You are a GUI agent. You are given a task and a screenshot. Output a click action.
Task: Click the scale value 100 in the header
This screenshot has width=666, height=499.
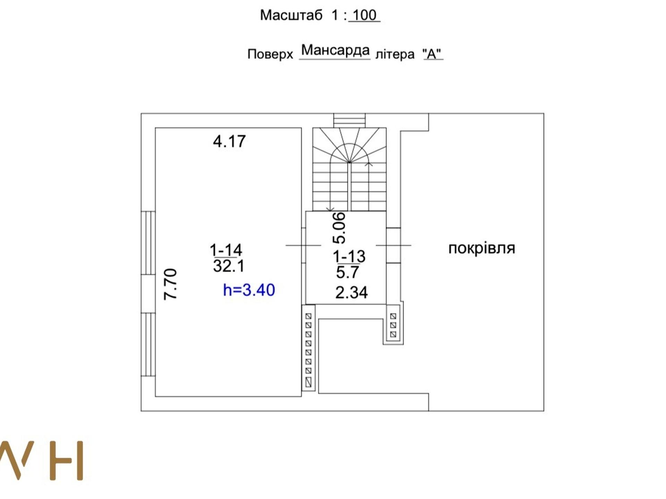click(365, 15)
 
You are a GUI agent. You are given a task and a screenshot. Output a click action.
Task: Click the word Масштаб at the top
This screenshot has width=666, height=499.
click(291, 15)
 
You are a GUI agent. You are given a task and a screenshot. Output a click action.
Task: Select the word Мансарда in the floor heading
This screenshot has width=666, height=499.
click(335, 50)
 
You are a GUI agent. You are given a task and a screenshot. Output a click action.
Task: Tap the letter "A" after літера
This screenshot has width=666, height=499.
click(433, 54)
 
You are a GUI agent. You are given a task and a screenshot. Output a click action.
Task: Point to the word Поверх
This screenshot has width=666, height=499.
click(270, 54)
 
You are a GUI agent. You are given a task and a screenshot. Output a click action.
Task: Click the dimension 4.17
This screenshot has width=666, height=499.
click(229, 141)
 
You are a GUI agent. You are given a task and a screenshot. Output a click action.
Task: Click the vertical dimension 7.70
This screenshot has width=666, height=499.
click(170, 284)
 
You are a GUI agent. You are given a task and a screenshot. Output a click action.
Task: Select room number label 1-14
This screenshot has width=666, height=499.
click(226, 250)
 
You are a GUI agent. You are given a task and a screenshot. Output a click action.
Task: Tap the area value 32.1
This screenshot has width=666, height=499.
click(229, 266)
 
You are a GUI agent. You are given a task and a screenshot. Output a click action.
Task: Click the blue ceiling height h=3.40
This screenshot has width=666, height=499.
click(249, 290)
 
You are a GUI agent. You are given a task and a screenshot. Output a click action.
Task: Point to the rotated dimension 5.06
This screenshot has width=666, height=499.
click(339, 228)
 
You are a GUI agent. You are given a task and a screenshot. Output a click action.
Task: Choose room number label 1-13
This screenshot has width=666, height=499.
click(349, 256)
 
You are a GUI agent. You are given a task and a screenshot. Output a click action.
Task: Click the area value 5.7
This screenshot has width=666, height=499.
click(347, 272)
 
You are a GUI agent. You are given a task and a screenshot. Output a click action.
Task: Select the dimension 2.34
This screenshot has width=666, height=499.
click(351, 292)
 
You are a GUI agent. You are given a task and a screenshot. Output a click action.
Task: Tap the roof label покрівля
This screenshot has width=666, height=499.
click(482, 248)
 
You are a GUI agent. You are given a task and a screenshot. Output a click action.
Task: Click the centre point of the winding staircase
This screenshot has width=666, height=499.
click(349, 162)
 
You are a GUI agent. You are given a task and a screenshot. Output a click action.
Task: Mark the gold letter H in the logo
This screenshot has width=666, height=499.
click(67, 460)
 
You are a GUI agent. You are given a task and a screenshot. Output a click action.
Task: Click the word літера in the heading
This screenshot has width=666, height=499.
click(395, 54)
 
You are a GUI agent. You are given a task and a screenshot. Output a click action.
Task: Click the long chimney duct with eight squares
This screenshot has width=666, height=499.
click(308, 348)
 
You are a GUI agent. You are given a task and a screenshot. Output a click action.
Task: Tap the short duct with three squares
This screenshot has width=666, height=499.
click(393, 325)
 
